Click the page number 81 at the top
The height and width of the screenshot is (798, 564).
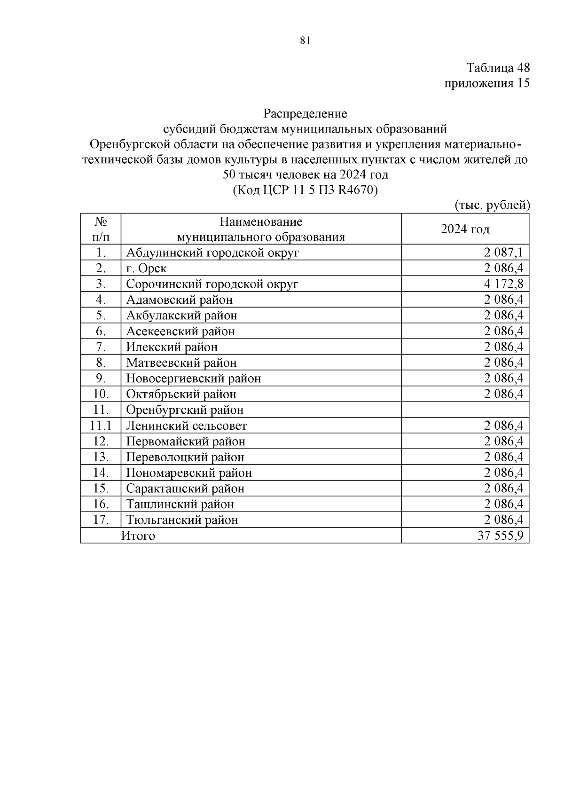point(305,40)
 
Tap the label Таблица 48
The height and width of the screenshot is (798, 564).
point(498,68)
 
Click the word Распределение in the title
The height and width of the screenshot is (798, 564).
point(305,113)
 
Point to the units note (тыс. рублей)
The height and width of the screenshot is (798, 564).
point(492,205)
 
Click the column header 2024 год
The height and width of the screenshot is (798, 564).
point(465,229)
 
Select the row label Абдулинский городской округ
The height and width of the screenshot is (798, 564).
point(212,253)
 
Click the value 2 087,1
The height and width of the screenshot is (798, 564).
point(503,253)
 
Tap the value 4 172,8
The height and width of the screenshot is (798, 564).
point(503,284)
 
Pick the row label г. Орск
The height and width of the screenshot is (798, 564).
point(146,269)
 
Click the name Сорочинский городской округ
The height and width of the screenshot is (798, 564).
point(212,284)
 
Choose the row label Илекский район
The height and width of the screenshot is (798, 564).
point(172,347)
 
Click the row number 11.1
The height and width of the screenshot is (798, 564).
point(101,426)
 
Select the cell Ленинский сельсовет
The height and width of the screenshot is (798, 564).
point(187,426)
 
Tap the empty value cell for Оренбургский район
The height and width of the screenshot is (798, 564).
point(465,410)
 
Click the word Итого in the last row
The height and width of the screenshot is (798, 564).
point(138,536)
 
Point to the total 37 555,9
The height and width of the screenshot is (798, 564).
point(500,536)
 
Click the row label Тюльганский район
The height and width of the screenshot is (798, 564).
point(182,520)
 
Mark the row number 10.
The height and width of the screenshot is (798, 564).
point(101,394)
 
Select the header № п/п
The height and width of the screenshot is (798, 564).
point(101,229)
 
